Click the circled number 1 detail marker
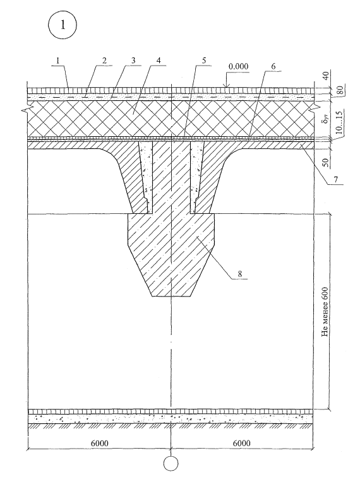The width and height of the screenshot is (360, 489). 62,25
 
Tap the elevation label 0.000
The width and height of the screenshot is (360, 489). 238,66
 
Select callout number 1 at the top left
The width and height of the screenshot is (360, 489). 57,61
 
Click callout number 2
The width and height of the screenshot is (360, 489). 104,61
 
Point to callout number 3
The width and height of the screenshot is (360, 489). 133,61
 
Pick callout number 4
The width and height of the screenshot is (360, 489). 159,61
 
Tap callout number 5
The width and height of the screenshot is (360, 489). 204,61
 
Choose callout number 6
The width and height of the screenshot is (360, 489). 273,66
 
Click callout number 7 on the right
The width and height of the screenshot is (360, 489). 335,179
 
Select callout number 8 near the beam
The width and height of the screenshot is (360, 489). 240,274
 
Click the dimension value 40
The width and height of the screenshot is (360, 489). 326,76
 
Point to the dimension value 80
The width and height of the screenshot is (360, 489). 340,90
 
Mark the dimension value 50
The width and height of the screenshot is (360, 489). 326,163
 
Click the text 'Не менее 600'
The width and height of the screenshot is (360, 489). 325,312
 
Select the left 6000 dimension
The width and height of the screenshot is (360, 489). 100,443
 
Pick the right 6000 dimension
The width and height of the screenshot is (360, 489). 242,443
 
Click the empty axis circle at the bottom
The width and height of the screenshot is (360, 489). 171,464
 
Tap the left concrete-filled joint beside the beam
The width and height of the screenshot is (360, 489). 146,177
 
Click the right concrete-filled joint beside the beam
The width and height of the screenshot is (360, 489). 197,177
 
